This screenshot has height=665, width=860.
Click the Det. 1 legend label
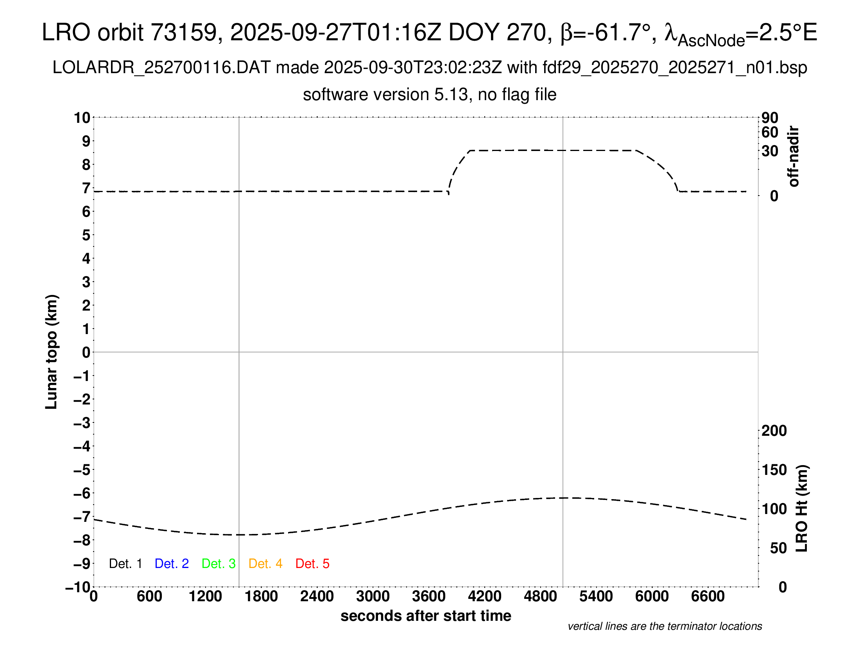(x=125, y=564)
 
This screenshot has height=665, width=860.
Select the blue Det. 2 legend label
(x=172, y=564)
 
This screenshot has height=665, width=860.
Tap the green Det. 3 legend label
(x=219, y=564)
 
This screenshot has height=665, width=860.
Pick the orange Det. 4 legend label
(x=265, y=564)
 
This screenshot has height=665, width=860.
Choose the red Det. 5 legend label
(x=312, y=564)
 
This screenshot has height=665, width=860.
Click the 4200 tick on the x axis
(x=484, y=597)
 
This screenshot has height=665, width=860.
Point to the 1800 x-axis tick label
(x=261, y=597)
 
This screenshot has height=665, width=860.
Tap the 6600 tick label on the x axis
(x=708, y=597)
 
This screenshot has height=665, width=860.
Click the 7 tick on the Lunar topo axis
(x=86, y=188)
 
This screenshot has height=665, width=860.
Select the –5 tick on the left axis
(x=82, y=470)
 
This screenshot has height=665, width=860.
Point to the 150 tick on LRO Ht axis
(x=774, y=470)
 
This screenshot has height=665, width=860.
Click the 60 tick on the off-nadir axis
(x=770, y=132)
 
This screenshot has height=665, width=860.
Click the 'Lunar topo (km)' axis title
(x=52, y=352)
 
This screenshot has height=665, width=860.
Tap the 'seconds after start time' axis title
(x=426, y=616)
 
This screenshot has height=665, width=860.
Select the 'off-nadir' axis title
(x=794, y=156)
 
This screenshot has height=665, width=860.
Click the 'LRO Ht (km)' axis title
(x=802, y=509)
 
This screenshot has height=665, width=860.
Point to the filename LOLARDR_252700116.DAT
(x=161, y=68)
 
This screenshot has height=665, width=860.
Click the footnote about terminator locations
(x=665, y=626)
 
